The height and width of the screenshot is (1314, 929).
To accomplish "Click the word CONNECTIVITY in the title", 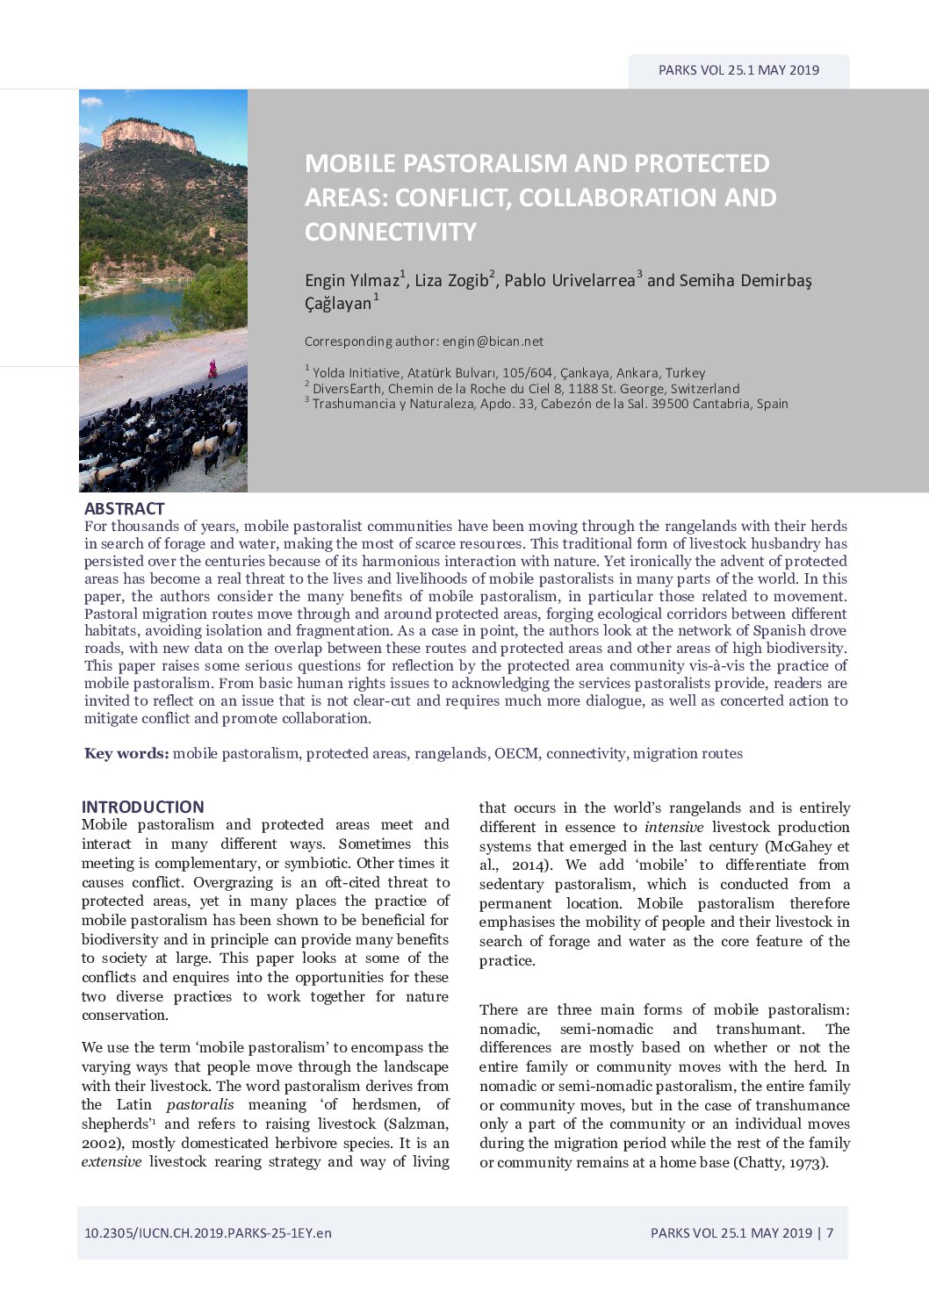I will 391,232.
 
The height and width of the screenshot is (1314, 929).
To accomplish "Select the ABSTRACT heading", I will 124,508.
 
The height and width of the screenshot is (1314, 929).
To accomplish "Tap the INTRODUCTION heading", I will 142,807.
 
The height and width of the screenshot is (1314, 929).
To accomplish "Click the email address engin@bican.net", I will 493,341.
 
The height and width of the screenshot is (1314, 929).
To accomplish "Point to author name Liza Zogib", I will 451,281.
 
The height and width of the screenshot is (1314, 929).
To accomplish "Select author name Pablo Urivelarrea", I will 569,281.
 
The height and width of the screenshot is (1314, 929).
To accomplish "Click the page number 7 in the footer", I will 830,1232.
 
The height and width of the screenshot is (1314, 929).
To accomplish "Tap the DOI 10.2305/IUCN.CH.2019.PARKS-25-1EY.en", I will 208,1232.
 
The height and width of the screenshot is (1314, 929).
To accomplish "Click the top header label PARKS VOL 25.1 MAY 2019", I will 738,70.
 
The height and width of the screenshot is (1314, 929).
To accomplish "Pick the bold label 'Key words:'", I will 126,753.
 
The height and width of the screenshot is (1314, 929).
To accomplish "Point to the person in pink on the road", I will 212,369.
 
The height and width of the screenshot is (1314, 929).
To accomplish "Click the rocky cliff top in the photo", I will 148,134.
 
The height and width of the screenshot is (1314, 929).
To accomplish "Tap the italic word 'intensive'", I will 673,827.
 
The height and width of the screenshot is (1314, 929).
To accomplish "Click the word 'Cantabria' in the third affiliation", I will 723,404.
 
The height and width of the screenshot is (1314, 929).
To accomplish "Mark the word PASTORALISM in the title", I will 466,163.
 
